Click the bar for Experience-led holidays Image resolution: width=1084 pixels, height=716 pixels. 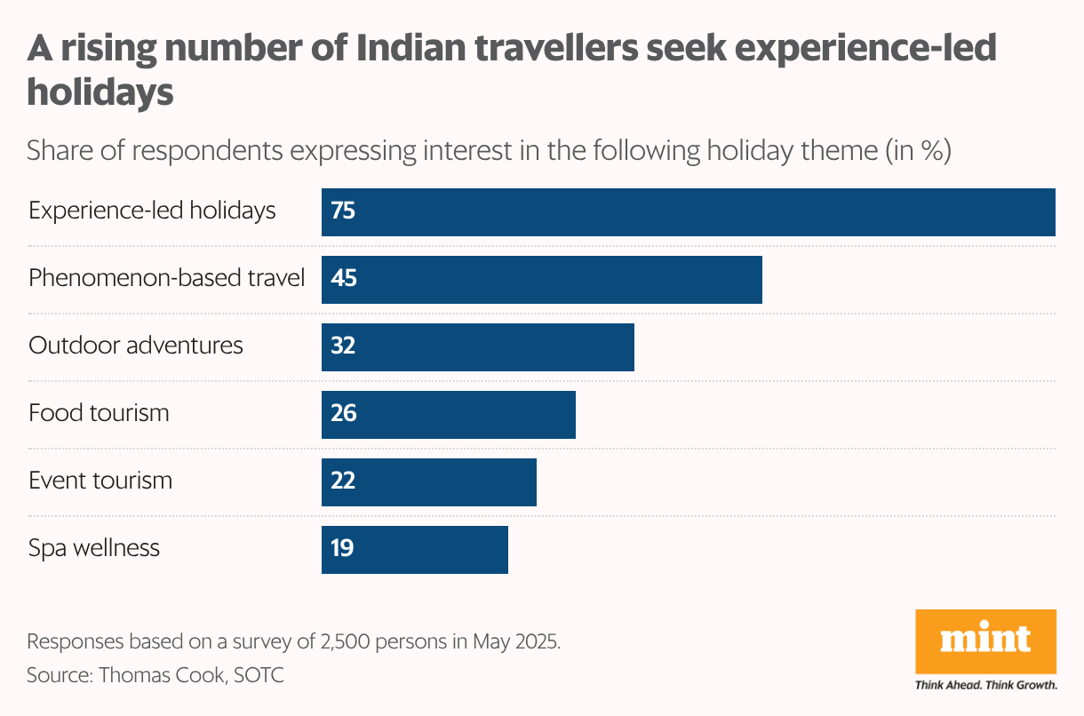tap(689, 212)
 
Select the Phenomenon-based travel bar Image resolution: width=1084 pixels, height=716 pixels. tap(542, 280)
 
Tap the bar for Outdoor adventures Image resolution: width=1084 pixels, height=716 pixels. tap(478, 347)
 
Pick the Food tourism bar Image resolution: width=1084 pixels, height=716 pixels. tap(449, 415)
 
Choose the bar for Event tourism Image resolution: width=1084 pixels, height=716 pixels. tap(429, 482)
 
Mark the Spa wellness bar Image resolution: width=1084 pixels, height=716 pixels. tap(415, 550)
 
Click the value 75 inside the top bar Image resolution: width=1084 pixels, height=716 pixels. tap(343, 212)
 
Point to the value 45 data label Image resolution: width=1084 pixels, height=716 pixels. tap(343, 280)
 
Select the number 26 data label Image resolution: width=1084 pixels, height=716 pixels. tap(343, 415)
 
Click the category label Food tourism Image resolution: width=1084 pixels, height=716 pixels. tap(99, 414)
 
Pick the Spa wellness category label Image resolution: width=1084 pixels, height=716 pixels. tap(94, 549)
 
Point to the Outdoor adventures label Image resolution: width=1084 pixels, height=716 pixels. tap(136, 346)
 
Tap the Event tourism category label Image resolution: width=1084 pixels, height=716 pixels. tap(100, 481)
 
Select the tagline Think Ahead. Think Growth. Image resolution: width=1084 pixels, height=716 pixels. tap(985, 686)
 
